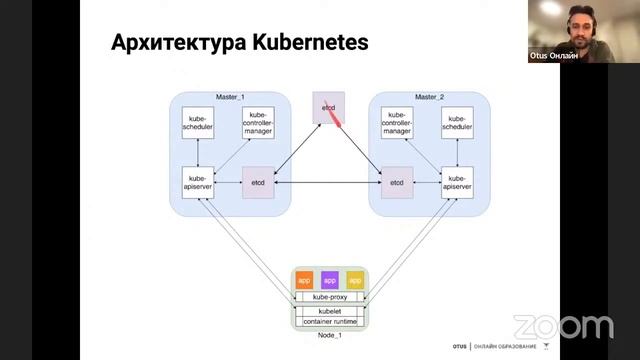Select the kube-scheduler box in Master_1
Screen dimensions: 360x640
coord(198,124)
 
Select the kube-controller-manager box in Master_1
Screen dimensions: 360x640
coord(258,124)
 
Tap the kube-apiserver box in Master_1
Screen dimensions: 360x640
coord(198,183)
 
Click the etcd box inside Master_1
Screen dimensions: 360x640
coord(258,183)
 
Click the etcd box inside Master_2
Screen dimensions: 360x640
coord(397,183)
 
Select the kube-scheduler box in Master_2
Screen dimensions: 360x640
coord(457,124)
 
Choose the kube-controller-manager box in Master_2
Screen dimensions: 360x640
coord(397,124)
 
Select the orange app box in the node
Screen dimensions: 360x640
coord(304,280)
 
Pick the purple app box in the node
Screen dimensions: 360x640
coord(329,280)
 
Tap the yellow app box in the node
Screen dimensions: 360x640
coord(355,280)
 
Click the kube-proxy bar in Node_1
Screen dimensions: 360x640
coord(329,298)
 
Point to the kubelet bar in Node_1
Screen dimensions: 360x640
coord(329,311)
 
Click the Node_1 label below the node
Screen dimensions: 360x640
coord(329,335)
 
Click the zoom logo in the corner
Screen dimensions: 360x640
coord(562,326)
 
